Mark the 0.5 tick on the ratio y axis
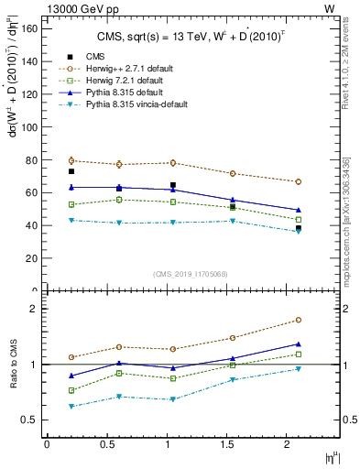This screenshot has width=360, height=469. pos(27,420)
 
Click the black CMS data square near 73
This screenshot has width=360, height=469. pos(71,171)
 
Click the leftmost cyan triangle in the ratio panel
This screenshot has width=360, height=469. pos(71,406)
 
